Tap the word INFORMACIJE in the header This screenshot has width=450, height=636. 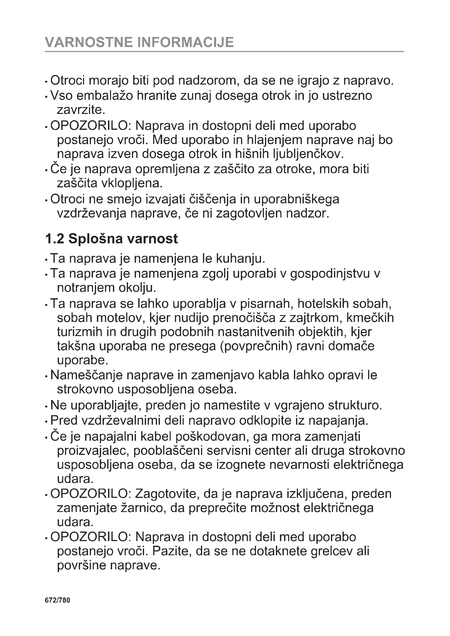(186, 42)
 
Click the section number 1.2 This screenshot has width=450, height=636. (55, 239)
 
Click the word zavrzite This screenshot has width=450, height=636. (81, 110)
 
